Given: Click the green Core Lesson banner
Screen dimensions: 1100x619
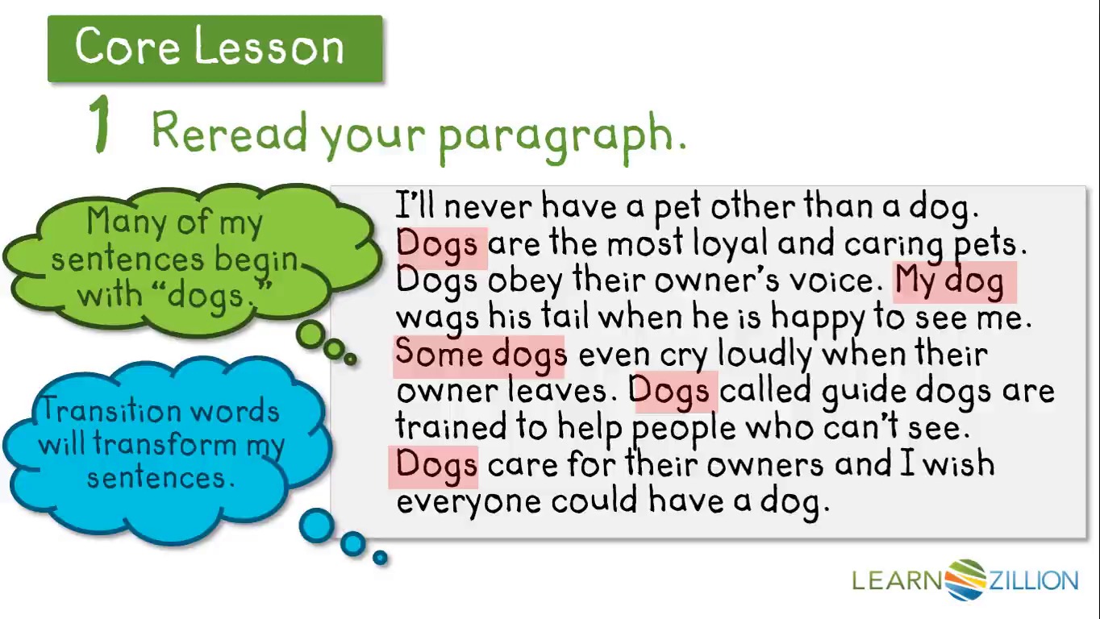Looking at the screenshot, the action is tap(215, 48).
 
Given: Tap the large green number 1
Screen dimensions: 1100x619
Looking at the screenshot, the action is tap(101, 123).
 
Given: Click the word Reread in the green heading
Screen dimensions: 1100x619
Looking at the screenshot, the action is tap(229, 131).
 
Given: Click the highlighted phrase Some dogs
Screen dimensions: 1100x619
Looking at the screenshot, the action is tap(481, 355).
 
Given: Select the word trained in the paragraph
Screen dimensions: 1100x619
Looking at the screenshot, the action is tap(451, 426).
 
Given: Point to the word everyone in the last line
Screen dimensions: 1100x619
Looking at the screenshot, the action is tap(469, 502).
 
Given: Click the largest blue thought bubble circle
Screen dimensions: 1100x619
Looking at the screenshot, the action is tap(317, 526).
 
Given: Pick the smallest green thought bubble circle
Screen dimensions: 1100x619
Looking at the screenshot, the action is tap(350, 359).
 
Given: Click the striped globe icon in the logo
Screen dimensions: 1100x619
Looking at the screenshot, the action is tap(965, 580).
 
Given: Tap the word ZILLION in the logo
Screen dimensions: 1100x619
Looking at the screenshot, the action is tap(1033, 580).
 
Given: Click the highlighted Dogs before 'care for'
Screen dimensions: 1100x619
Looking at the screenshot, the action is tap(436, 466).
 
